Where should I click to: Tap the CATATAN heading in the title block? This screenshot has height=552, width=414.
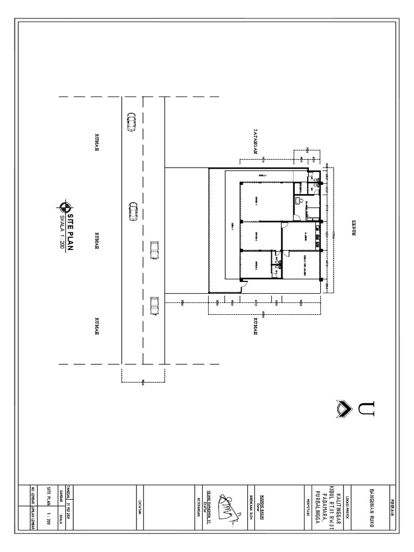click(139, 507)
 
